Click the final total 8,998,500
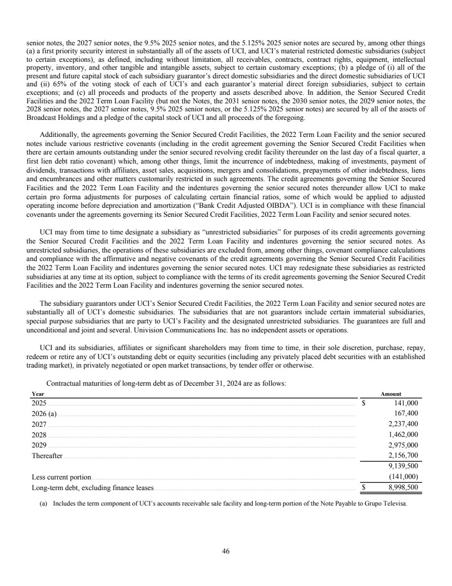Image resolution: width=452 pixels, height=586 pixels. [402, 487]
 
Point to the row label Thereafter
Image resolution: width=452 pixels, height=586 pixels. [47, 456]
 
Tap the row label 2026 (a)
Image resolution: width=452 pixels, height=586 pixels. [44, 413]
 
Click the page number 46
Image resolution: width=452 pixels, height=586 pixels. [226, 551]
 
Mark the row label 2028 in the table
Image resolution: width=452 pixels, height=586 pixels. [39, 435]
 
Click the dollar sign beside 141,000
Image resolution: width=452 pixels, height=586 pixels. [364, 403]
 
